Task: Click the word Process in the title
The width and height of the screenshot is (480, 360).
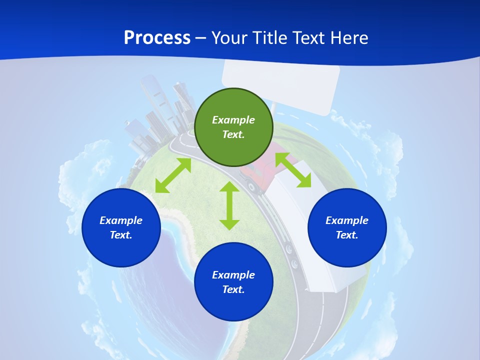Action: coord(157,37)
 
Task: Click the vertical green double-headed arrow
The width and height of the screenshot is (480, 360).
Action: coord(229,205)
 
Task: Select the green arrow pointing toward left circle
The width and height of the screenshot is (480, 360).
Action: coord(173,175)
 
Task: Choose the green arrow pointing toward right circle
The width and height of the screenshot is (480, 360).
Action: coord(293,170)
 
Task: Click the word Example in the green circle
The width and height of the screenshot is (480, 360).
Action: coord(233,120)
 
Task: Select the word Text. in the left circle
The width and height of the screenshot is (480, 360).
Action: coord(121,235)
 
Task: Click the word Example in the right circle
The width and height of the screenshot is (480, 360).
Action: coord(347,220)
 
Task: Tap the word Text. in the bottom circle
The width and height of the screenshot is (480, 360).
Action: coord(233,289)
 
